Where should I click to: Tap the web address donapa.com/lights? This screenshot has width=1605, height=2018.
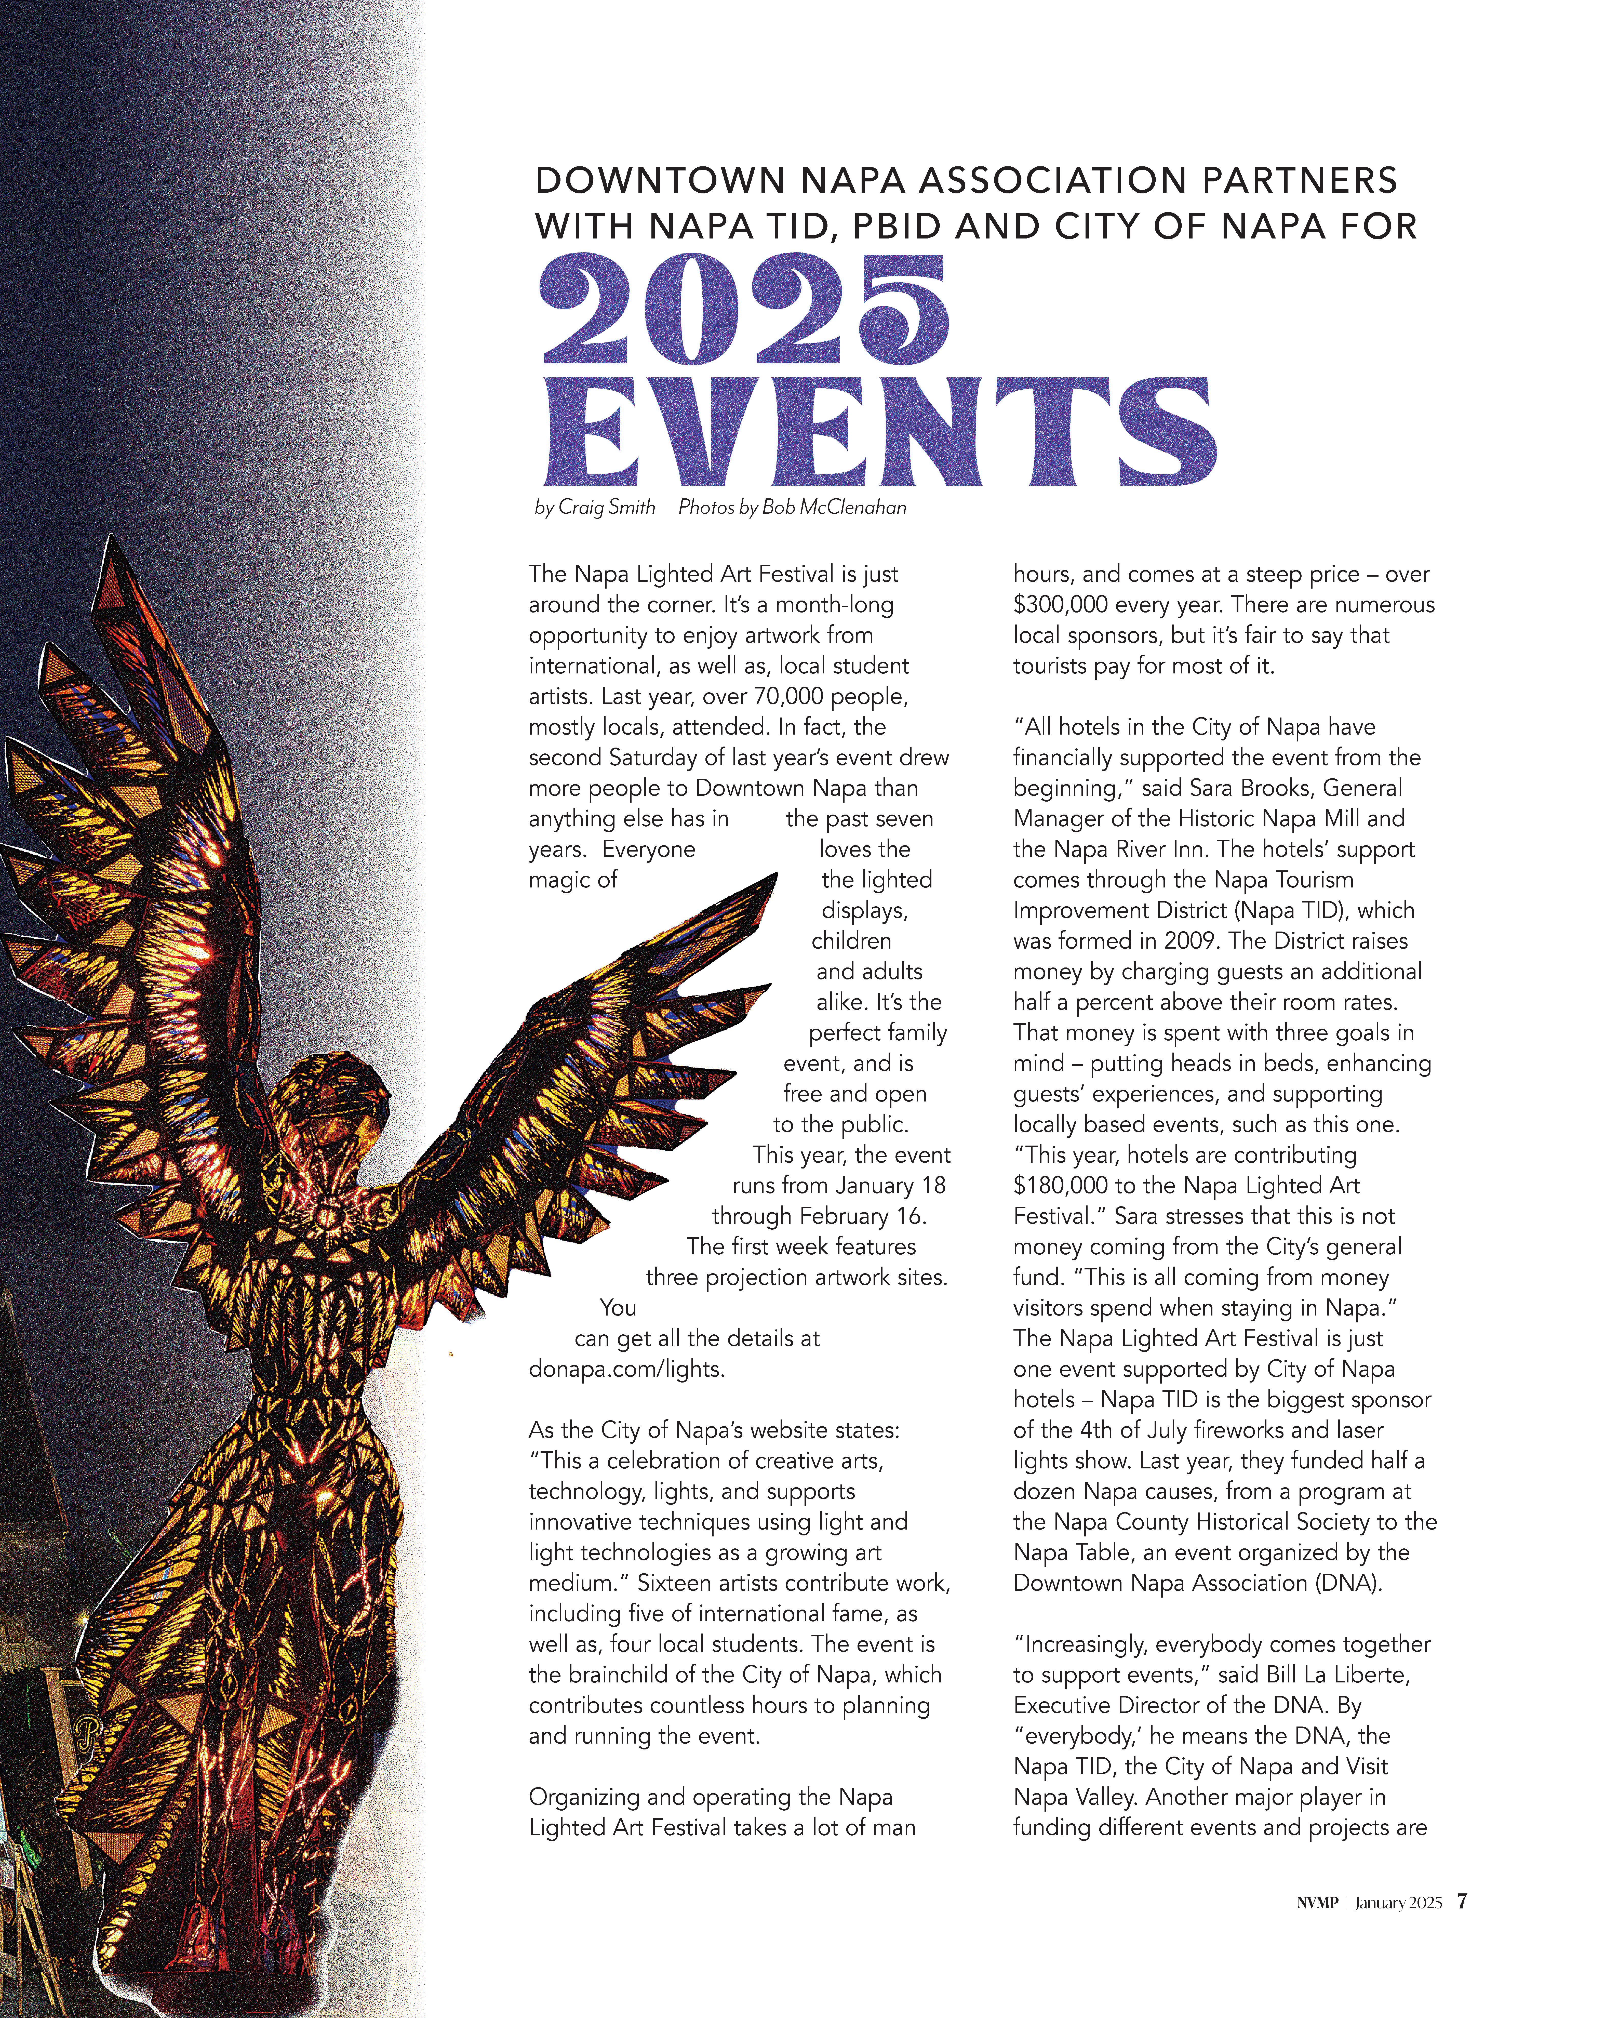click(626, 1369)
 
